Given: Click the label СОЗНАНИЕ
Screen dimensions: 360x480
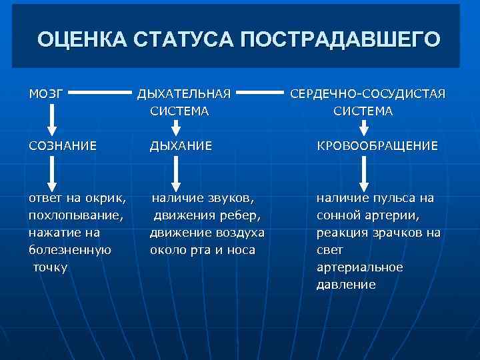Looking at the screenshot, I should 63,145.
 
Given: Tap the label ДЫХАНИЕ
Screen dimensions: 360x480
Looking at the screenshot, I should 181,145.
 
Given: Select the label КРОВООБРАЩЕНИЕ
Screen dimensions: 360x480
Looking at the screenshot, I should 377,145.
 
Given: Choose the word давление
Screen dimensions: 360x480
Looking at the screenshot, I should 346,285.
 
